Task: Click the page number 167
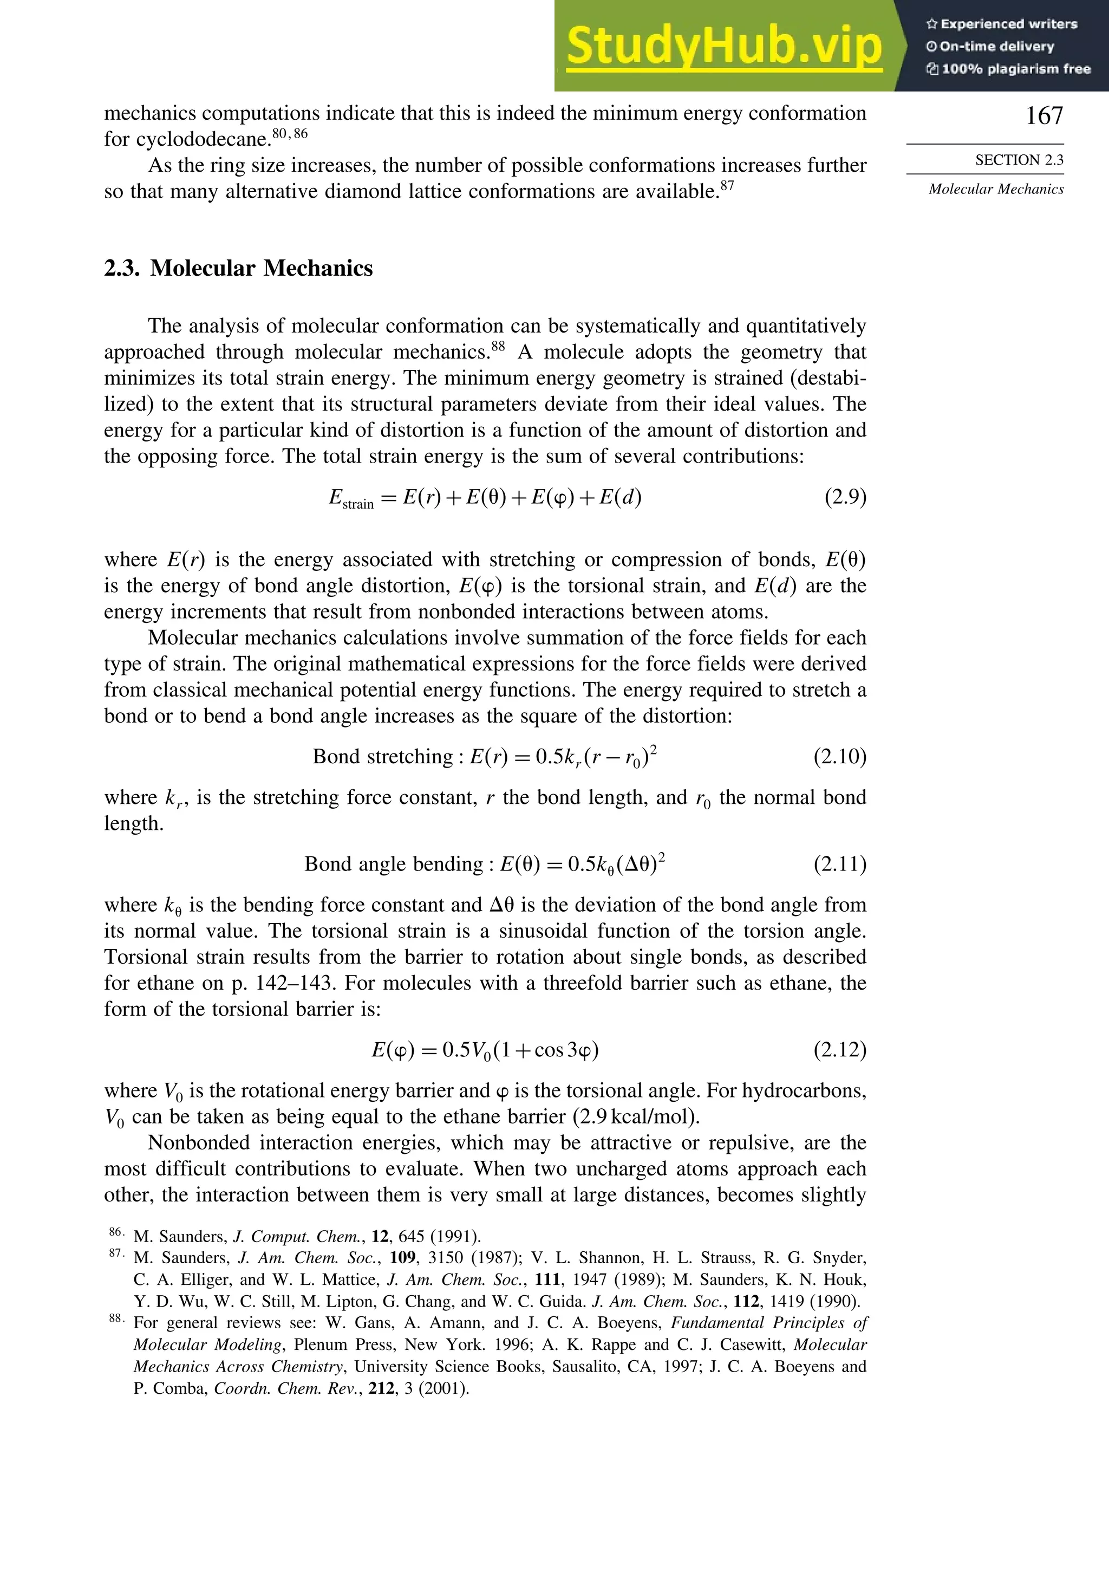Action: (x=1044, y=115)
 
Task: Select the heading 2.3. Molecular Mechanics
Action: (x=238, y=268)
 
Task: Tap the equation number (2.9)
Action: (x=845, y=497)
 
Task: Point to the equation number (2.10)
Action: (x=840, y=757)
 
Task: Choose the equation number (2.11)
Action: (x=840, y=865)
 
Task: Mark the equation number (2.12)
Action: (x=840, y=1050)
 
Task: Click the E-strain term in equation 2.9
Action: (x=350, y=498)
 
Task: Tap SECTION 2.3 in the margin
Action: (x=1019, y=160)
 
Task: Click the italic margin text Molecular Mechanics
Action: (x=996, y=189)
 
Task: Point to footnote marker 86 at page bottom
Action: (x=116, y=1232)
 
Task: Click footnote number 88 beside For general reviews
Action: (x=116, y=1319)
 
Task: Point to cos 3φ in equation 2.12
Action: (x=564, y=1050)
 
